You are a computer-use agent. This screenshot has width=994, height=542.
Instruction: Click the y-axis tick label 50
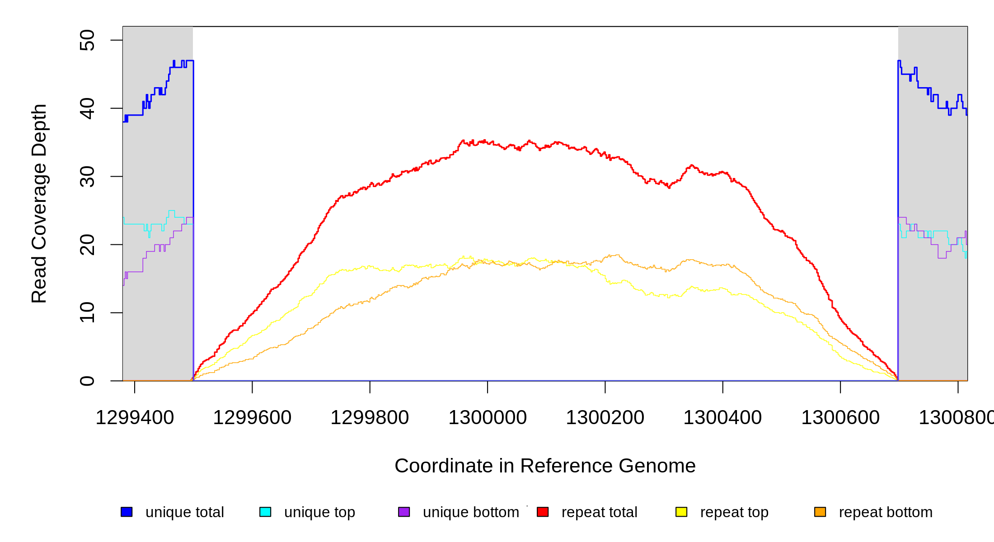tap(87, 40)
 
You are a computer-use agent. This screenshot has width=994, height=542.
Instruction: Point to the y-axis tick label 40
tap(87, 108)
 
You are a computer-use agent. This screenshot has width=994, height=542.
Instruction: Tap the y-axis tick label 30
tap(87, 177)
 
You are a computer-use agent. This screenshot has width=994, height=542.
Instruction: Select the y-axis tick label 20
tap(87, 245)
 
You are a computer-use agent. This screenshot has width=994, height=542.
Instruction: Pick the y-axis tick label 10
tap(87, 313)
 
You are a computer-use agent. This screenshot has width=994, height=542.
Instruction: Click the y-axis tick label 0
tap(87, 381)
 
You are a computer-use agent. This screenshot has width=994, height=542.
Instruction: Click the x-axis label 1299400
tap(135, 418)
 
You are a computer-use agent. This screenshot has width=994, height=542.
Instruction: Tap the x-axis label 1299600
tap(252, 418)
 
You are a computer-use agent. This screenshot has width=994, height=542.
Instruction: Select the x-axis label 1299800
tap(370, 418)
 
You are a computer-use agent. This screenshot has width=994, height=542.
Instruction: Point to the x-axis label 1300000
tap(488, 418)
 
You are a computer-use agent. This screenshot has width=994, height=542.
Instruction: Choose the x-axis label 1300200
tap(605, 418)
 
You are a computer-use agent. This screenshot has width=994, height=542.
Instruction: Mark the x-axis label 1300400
tap(722, 418)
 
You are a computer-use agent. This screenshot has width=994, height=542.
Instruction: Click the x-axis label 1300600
tap(840, 418)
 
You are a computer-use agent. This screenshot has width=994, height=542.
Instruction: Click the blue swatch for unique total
tap(127, 512)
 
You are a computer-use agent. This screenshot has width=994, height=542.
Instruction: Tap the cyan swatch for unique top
tap(265, 512)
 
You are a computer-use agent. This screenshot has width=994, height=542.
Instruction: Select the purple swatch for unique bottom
tap(404, 512)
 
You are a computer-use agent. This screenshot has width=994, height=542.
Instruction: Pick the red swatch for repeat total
tap(543, 512)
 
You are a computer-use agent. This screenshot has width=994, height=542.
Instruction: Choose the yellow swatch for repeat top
tap(681, 512)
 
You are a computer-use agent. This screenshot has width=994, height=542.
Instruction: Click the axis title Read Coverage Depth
tap(39, 203)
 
